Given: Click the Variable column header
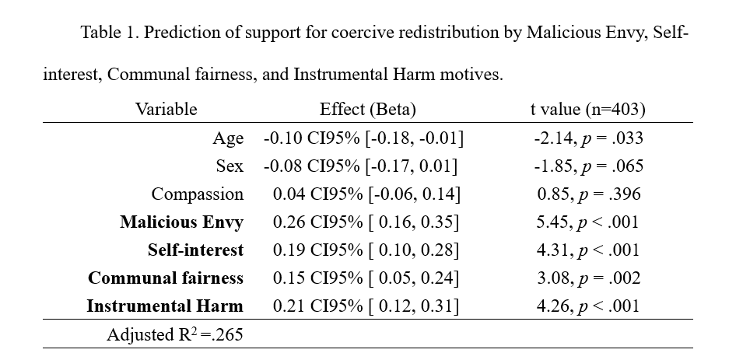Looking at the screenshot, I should coord(166,109).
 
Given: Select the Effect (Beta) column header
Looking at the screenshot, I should coord(367,109).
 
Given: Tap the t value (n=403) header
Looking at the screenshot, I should coord(587,109).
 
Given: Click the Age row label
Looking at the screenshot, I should coord(228,138).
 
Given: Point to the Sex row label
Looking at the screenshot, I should coord(230,166).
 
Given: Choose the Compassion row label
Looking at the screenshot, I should coord(197,194).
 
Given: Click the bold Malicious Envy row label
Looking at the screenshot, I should coord(181,222).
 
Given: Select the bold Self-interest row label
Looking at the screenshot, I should coord(195,250).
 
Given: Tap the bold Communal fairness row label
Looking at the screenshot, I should coord(166,278).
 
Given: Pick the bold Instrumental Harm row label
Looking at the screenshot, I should coord(165,306).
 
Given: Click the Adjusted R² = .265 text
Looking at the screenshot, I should coord(174,335).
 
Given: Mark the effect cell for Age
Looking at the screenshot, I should coord(363,138).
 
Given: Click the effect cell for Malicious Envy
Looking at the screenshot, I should coord(366,222).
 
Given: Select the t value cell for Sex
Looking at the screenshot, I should coord(588,166).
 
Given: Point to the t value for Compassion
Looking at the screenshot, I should coord(588,194).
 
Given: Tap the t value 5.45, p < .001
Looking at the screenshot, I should coord(587,222).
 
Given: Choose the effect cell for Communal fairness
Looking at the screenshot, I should coord(366,278).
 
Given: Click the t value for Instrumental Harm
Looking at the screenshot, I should coord(587,306).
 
